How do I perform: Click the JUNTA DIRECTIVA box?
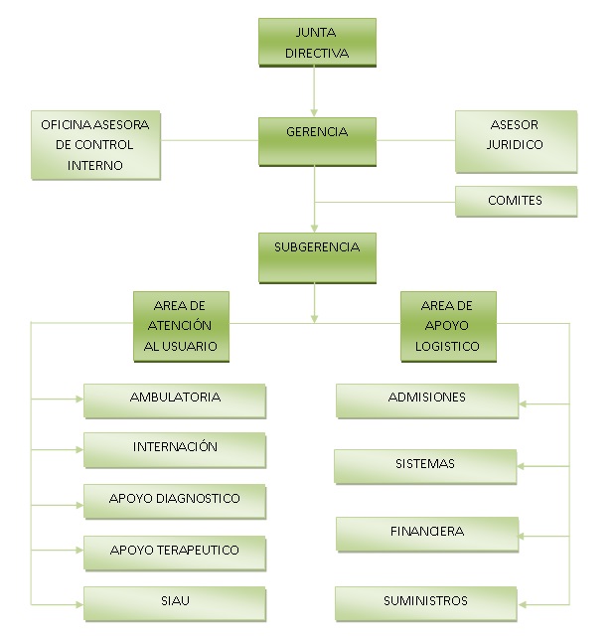(317, 42)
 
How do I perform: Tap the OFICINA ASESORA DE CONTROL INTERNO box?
(95, 145)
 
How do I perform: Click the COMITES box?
(516, 201)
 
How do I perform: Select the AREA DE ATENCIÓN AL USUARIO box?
(182, 326)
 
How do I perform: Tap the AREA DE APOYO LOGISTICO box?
(448, 326)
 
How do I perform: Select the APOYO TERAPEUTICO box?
(175, 552)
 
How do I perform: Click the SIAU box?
(175, 603)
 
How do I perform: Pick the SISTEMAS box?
(424, 466)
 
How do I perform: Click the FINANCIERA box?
(426, 534)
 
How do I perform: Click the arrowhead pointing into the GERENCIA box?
(315, 112)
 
